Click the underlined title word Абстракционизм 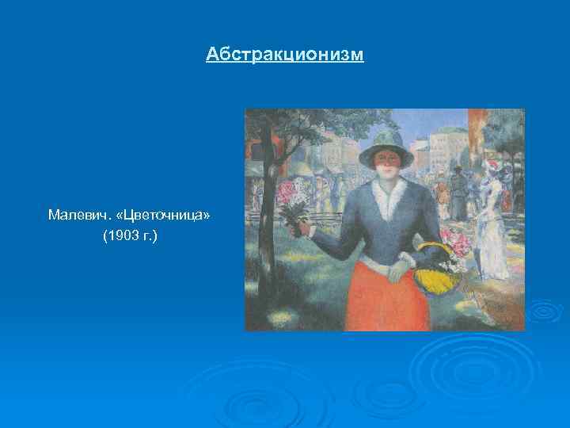(x=285, y=54)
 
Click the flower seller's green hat (x=387, y=147)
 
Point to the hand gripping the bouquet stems (x=299, y=229)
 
